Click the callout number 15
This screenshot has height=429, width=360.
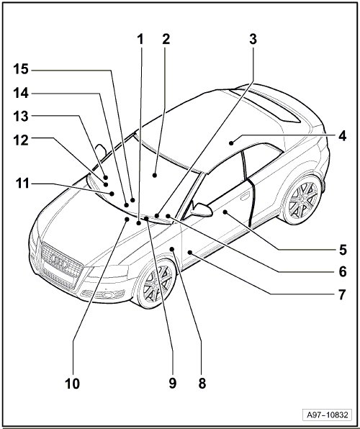(x=21, y=69)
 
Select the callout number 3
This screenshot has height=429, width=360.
(x=253, y=39)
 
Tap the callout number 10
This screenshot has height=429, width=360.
(x=72, y=384)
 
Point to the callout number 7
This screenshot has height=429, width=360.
(x=342, y=295)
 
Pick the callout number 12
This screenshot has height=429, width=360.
(x=21, y=140)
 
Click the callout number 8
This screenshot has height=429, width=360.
(x=202, y=384)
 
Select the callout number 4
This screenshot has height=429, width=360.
(x=342, y=136)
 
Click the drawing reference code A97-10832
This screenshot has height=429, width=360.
(x=328, y=415)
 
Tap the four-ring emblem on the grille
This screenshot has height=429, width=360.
(x=60, y=261)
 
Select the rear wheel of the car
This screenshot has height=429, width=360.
(x=303, y=199)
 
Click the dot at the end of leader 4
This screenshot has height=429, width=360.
(x=231, y=143)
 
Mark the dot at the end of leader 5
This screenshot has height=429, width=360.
(x=225, y=212)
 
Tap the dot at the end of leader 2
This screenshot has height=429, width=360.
(x=155, y=175)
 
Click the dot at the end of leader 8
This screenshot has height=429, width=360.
(x=172, y=249)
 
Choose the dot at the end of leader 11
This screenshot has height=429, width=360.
(x=112, y=194)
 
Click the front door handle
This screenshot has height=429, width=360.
(x=245, y=196)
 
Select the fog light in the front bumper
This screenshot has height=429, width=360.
(x=108, y=295)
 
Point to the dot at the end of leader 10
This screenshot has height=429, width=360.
(x=127, y=219)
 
